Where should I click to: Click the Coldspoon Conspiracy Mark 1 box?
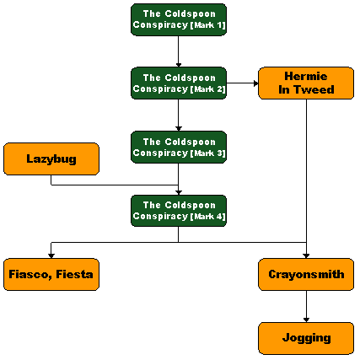click(179, 19)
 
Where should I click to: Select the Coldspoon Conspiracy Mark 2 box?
click(179, 83)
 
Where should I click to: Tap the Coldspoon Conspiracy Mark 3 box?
click(179, 147)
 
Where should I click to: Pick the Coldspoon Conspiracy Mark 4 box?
click(179, 211)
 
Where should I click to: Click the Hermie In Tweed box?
click(306, 83)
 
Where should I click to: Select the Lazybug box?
click(51, 159)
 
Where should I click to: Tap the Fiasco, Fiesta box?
click(51, 274)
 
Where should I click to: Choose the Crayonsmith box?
click(306, 274)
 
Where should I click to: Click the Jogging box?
click(306, 338)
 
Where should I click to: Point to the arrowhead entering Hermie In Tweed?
click(255, 83)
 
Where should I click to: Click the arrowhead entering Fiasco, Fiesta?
click(51, 256)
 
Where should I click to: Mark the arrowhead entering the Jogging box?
click(306, 320)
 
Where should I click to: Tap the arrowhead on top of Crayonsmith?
click(306, 256)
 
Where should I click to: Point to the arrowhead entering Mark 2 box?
click(179, 65)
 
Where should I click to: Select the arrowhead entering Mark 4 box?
click(179, 192)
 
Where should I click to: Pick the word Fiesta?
click(74, 274)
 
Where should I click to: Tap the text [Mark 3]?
click(208, 153)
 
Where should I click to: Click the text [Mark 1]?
click(208, 25)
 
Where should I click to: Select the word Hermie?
click(306, 76)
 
